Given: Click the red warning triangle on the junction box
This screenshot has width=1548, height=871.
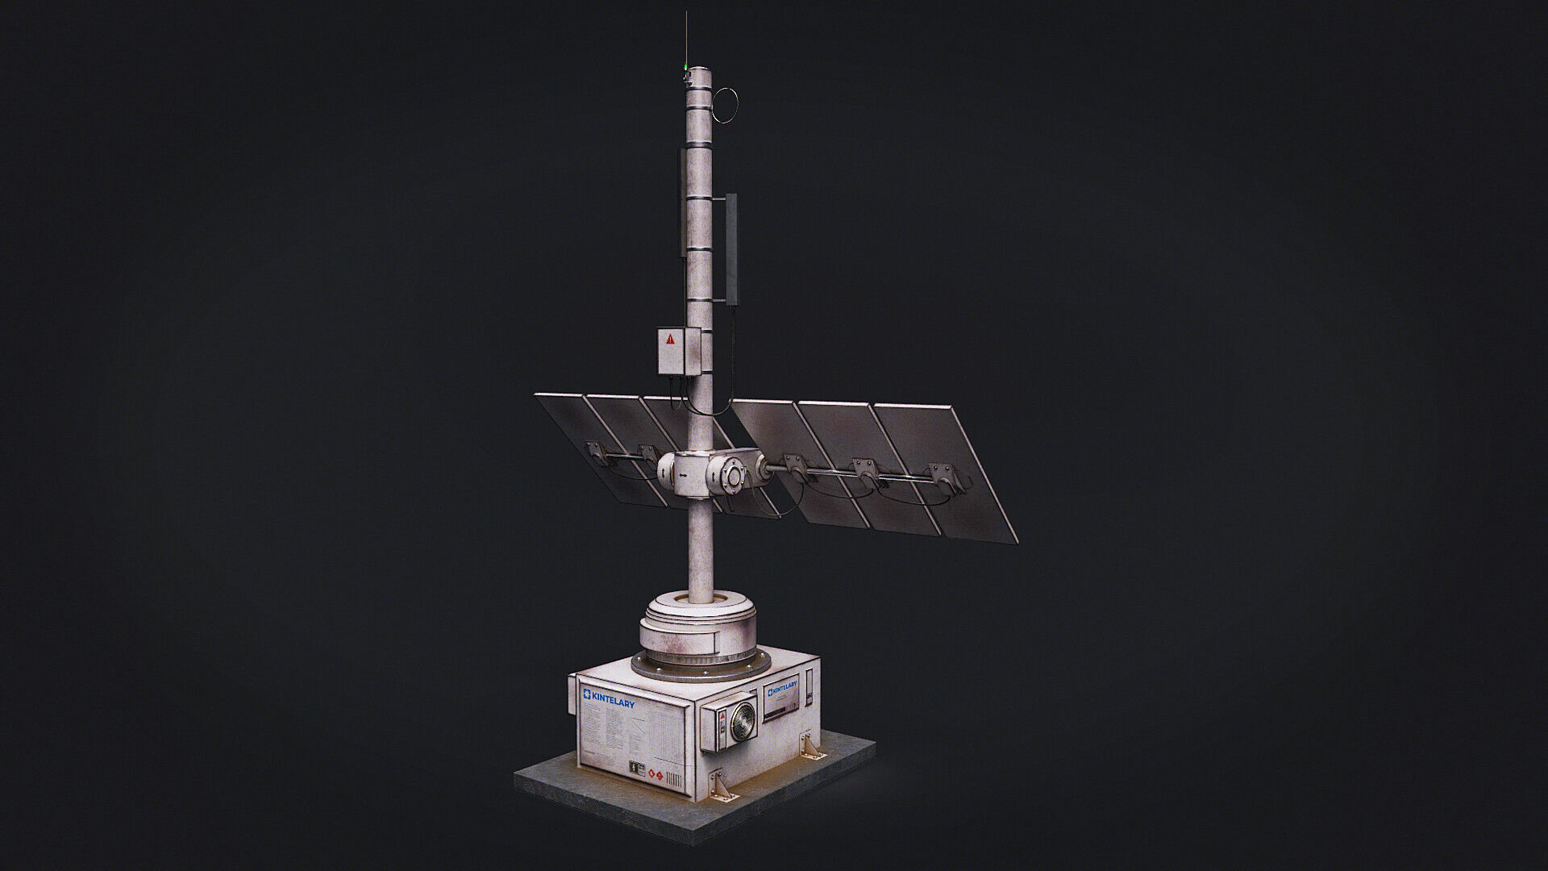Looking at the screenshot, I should click(x=670, y=340).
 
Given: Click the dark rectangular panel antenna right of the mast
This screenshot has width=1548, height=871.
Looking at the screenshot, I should click(x=732, y=246).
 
